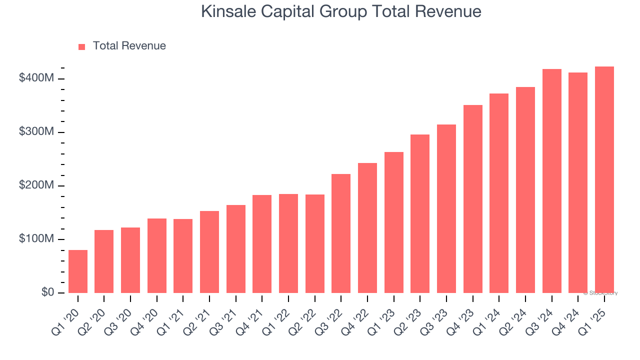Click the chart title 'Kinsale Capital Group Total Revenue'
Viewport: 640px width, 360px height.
coord(341,11)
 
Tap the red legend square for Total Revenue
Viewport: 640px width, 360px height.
coord(82,46)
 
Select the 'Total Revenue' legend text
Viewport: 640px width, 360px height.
coord(129,46)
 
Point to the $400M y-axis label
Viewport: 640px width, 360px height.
coord(36,78)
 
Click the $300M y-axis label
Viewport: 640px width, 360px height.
coord(36,132)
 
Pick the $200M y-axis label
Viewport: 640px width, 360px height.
coord(36,185)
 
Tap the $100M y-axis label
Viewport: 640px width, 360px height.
coord(36,239)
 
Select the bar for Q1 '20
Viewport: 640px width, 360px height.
coord(78,271)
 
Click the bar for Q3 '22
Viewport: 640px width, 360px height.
coord(341,233)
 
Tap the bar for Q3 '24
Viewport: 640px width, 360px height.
coord(551,181)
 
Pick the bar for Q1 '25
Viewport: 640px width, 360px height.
coord(604,179)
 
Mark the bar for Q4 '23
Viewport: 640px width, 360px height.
coord(472,199)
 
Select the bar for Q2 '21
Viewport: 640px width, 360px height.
coord(209,252)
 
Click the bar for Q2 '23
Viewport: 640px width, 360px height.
coord(420,213)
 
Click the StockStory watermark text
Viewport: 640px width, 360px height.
coord(600,293)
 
